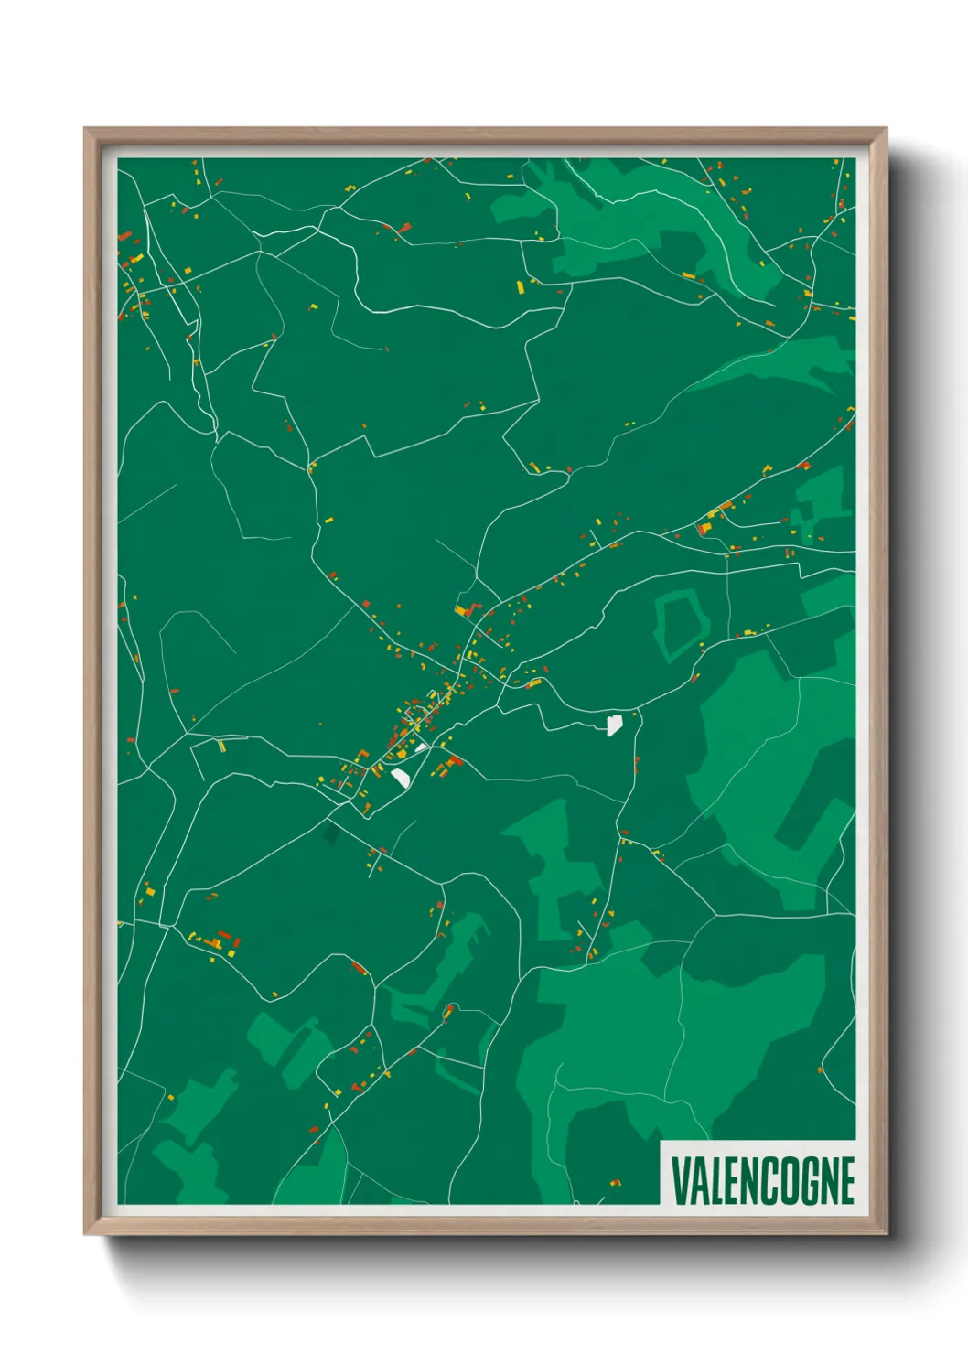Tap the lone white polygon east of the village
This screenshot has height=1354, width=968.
click(x=614, y=725)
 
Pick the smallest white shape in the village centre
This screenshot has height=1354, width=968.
click(x=421, y=747)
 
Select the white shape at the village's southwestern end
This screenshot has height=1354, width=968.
click(x=401, y=777)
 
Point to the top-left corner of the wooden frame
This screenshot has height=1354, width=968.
click(x=85, y=129)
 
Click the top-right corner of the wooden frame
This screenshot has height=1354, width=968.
click(x=886, y=129)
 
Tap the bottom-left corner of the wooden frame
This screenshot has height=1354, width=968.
click(x=85, y=1233)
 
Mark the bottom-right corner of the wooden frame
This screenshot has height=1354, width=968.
click(x=886, y=1233)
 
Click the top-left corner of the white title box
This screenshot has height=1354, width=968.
click(x=661, y=1141)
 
